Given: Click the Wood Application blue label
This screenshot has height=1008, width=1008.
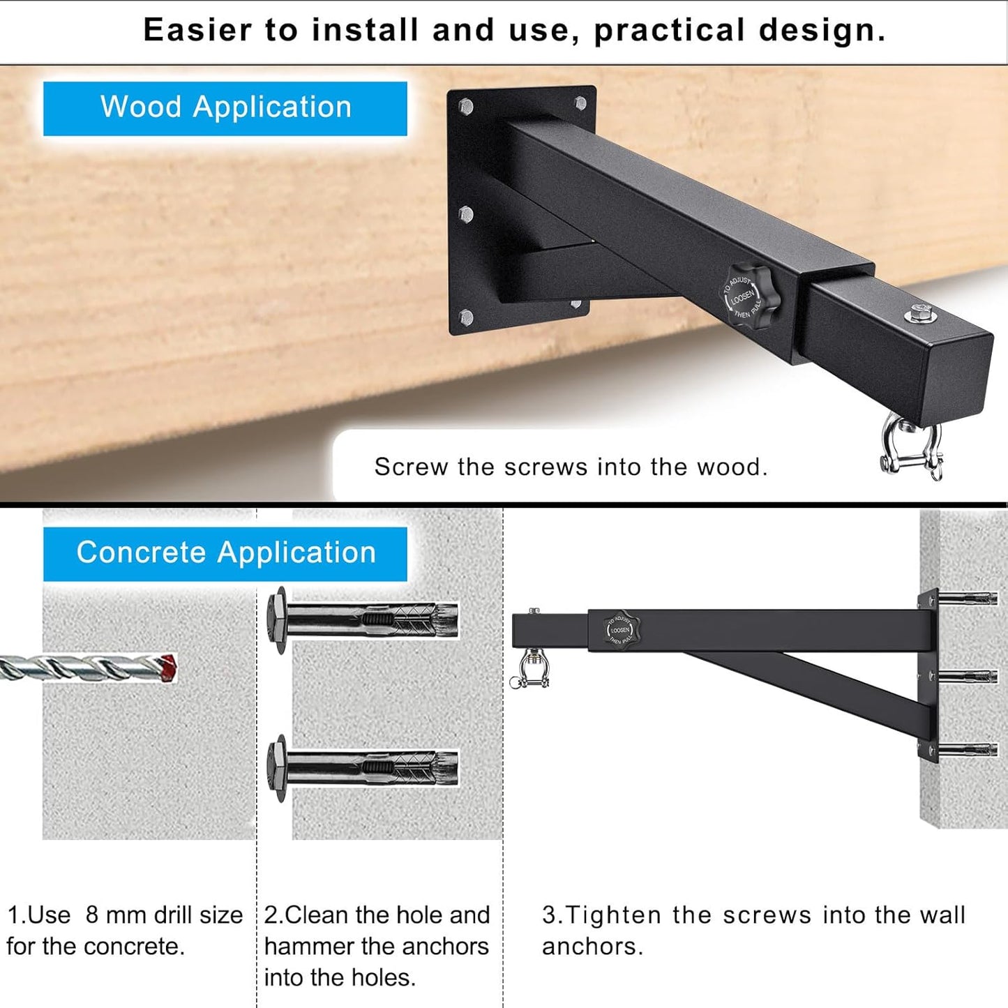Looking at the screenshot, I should click(x=225, y=108).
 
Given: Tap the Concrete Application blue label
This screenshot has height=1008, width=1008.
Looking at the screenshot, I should click(x=225, y=553).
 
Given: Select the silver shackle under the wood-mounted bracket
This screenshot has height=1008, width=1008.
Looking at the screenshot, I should click(x=911, y=446).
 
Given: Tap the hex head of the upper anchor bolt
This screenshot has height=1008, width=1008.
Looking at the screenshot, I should click(x=278, y=620).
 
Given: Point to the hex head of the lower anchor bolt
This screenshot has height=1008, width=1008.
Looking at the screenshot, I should click(x=278, y=768).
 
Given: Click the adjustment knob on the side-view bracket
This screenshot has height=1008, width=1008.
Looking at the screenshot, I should click(x=620, y=629).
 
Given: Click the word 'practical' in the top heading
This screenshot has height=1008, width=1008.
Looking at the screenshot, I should click(x=670, y=31).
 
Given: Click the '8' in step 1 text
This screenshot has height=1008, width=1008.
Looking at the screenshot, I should click(x=91, y=915).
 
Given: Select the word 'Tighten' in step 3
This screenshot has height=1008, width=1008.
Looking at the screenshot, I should click(x=612, y=915).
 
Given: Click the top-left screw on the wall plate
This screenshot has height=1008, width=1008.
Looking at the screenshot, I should click(x=466, y=107).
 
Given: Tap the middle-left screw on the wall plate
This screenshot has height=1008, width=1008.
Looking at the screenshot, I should click(x=466, y=213).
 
